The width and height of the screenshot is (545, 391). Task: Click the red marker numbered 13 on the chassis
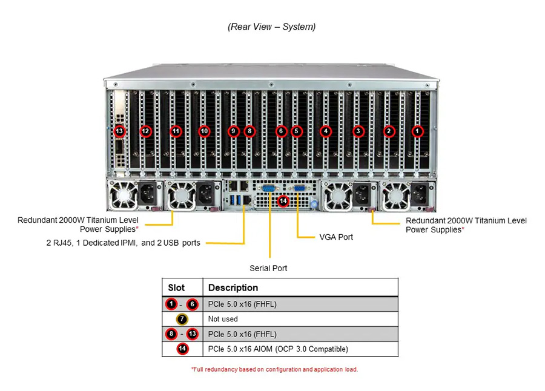click(x=119, y=131)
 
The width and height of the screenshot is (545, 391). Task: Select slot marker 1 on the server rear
click(x=417, y=131)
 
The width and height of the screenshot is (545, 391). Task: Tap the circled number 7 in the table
click(x=182, y=319)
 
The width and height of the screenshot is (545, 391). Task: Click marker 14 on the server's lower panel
click(x=282, y=201)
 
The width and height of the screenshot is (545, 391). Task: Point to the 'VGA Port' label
click(x=336, y=237)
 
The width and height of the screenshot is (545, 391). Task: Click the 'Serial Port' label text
click(x=268, y=268)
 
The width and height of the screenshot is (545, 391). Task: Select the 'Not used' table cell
click(x=223, y=319)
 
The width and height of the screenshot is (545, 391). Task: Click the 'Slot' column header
click(x=176, y=287)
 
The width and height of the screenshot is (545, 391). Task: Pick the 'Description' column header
click(x=233, y=287)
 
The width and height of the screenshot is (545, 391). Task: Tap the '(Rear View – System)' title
click(x=272, y=27)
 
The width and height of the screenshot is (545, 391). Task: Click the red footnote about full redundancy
click(x=274, y=369)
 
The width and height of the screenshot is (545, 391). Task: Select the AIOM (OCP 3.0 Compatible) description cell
click(x=278, y=349)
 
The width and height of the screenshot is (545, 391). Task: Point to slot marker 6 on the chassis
click(x=280, y=131)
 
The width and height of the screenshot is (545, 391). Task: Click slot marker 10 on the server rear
click(x=204, y=131)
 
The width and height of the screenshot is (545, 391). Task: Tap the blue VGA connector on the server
click(x=298, y=189)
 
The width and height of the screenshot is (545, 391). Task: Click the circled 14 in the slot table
click(x=182, y=349)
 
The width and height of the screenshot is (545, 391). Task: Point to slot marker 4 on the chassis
click(x=326, y=131)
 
